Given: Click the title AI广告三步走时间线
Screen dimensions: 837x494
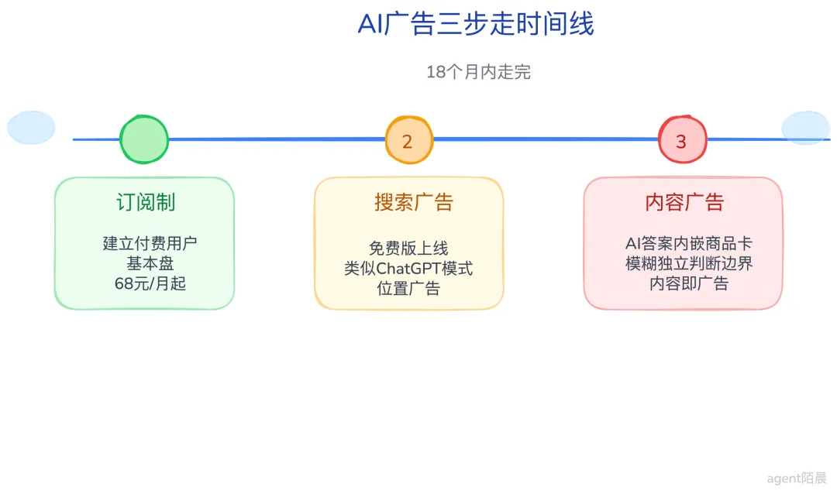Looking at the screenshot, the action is click(x=476, y=24).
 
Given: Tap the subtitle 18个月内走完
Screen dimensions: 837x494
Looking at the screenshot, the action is click(x=478, y=72).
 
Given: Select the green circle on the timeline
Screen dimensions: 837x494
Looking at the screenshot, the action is click(x=144, y=139).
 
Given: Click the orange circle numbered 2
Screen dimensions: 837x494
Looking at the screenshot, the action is click(x=409, y=140).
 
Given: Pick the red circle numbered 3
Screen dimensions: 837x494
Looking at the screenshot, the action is click(x=683, y=139).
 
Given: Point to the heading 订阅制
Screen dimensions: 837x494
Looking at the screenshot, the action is click(x=146, y=202).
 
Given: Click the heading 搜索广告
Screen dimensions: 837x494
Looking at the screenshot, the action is click(x=414, y=202).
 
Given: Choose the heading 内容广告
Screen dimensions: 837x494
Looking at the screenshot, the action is click(x=684, y=202).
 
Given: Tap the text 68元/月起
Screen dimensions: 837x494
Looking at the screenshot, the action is click(x=150, y=283).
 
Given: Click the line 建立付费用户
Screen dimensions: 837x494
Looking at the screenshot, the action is click(x=150, y=243).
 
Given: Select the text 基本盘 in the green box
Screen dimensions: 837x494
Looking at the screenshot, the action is click(x=150, y=263).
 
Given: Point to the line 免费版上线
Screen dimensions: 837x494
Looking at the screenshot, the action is click(x=408, y=248).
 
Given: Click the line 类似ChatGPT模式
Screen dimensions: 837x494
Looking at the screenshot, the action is click(x=408, y=268).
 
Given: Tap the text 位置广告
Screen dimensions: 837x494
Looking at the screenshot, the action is click(x=408, y=288).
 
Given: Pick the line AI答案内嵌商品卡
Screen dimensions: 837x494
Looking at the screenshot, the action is click(x=689, y=243).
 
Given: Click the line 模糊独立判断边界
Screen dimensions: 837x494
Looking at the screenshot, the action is click(x=689, y=263).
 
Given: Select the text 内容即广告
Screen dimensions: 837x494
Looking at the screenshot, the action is click(x=689, y=283).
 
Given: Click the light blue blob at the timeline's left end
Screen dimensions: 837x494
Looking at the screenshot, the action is click(x=31, y=128).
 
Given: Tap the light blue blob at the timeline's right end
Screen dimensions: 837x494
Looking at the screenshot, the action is click(x=805, y=128).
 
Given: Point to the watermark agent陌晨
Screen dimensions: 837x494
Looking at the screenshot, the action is click(x=797, y=479).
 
